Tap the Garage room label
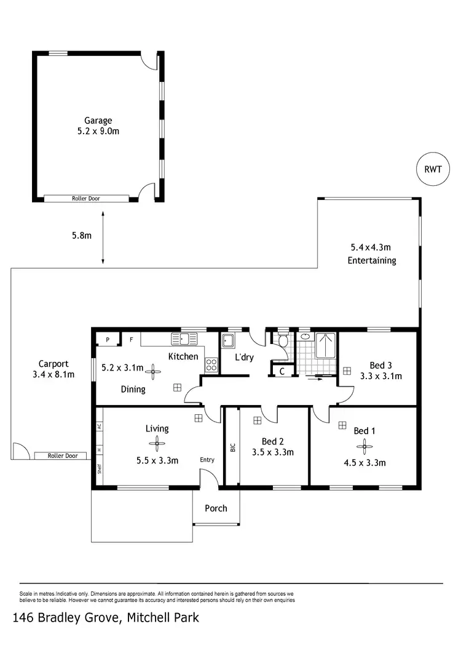point(98,121)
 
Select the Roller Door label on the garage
point(86,198)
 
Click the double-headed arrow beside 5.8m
point(103,238)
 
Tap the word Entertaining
point(372,260)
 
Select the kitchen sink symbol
point(184,339)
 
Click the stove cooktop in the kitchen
point(211,364)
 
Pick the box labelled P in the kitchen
point(108,339)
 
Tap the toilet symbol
point(283,342)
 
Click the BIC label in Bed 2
point(232,447)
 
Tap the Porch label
point(216,508)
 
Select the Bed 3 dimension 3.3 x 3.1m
point(381,376)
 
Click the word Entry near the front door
point(207,460)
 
